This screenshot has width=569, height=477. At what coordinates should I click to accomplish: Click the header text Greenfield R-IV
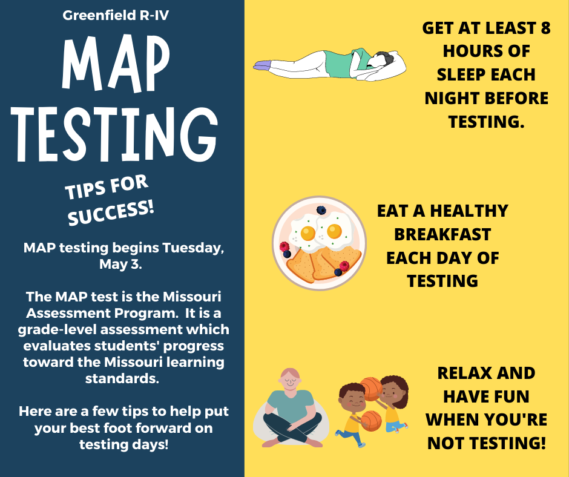(x=116, y=16)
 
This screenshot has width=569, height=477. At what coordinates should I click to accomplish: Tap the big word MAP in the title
(x=116, y=64)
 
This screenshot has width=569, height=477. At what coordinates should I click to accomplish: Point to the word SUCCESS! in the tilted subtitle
(x=111, y=213)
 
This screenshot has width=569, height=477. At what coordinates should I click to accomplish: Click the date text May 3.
(x=120, y=264)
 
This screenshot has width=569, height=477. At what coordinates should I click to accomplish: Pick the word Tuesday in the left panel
(x=193, y=249)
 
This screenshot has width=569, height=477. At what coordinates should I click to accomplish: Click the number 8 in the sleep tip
(x=545, y=28)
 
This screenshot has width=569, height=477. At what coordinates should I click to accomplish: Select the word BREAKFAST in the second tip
(x=442, y=234)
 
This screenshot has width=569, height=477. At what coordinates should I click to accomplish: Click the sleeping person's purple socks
(x=262, y=65)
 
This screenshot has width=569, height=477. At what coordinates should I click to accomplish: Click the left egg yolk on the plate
(x=308, y=233)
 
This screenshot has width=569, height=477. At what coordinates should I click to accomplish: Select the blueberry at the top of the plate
(x=321, y=210)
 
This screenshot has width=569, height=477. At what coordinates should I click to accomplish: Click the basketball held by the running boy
(x=371, y=421)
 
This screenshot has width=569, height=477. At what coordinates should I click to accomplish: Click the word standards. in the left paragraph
(x=122, y=378)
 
